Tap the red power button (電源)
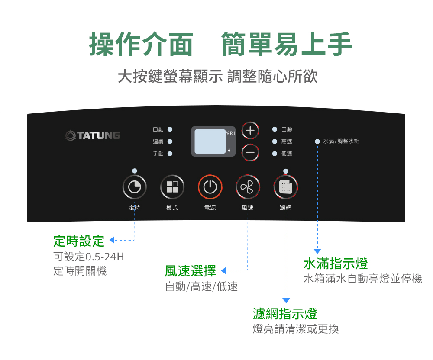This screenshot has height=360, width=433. (x=210, y=187)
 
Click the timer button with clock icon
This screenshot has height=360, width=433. (x=135, y=187)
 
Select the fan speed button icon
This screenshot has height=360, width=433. (x=248, y=187)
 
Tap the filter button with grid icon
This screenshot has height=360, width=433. (x=285, y=187)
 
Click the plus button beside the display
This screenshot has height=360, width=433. (x=250, y=130)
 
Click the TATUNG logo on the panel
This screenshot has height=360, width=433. (x=93, y=135)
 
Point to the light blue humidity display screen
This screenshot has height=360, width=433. (x=210, y=141)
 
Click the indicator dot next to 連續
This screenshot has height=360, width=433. (x=170, y=141)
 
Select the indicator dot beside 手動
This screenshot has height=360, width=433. (x=170, y=154)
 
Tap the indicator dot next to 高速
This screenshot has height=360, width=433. (x=275, y=141)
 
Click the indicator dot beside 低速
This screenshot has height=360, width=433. (x=275, y=154)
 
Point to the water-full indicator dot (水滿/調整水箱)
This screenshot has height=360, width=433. (x=317, y=141)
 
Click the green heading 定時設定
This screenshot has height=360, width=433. (x=79, y=241)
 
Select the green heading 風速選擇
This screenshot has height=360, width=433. (x=190, y=271)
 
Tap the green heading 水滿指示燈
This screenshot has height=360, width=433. (x=336, y=264)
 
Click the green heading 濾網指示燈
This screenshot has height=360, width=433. (x=285, y=313)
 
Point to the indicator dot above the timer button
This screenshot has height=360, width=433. (x=135, y=171)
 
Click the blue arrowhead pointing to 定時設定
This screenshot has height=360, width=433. (x=112, y=240)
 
